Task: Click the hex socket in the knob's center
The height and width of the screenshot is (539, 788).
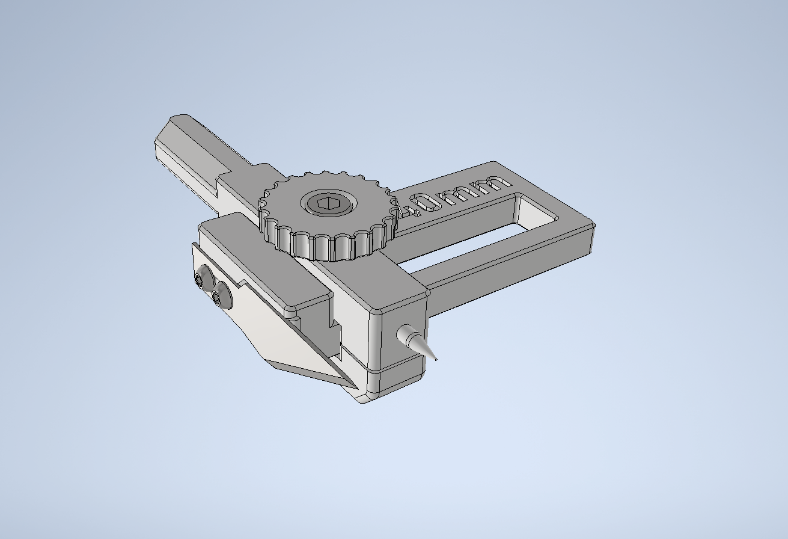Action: click(x=327, y=204)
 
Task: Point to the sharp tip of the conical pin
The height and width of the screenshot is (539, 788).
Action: click(x=435, y=360)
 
